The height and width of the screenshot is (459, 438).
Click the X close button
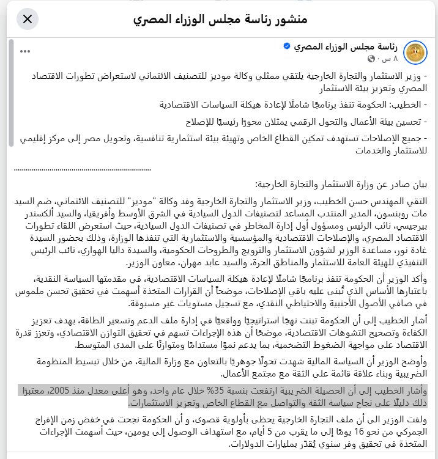[x=28, y=19]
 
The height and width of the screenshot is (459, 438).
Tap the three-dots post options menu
[x=25, y=51]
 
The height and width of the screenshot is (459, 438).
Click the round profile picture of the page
[x=416, y=53]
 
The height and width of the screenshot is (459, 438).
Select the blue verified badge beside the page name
[x=286, y=46]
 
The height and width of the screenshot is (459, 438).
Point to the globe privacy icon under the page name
[x=371, y=59]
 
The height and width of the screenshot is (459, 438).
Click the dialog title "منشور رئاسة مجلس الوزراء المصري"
[x=220, y=19]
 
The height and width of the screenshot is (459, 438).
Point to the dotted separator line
[x=83, y=168]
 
